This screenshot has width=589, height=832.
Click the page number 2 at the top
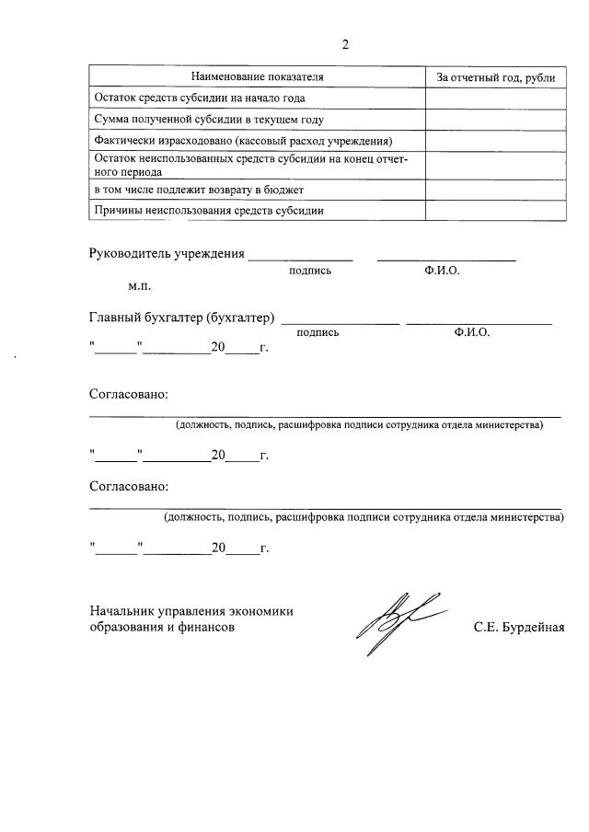pos(345,45)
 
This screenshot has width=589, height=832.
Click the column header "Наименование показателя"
pos(257,76)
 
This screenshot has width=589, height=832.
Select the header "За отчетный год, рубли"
pos(495,76)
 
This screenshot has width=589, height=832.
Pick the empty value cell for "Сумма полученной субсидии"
pos(495,120)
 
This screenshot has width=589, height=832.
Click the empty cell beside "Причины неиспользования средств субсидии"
pos(495,211)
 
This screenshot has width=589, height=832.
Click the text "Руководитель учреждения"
pos(167,254)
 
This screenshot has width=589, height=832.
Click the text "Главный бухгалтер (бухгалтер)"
pos(182,318)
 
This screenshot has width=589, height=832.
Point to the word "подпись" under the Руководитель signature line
pos(310,271)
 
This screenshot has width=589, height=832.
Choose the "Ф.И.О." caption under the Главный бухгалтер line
pos(472,332)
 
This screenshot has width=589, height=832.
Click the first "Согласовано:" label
pos(129,394)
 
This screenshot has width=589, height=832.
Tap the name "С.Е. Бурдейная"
pos(519,628)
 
